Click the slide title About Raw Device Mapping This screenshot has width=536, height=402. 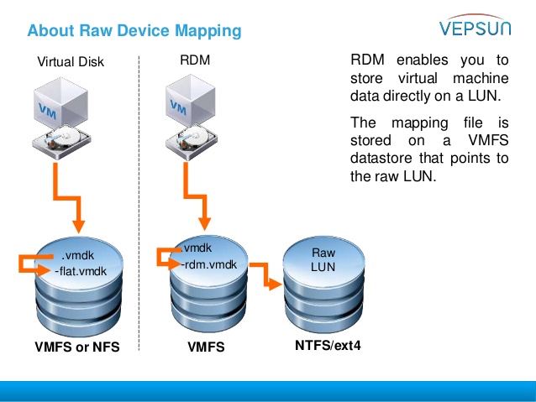134,31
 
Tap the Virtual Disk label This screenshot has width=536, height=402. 71,62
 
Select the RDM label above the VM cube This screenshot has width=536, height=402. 195,60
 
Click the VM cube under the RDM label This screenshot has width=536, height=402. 191,101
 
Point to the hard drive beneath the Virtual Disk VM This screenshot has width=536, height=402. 61,142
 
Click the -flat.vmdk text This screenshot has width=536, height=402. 81,271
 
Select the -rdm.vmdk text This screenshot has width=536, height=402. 209,264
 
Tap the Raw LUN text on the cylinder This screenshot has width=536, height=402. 323,259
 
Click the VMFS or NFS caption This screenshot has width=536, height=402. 77,347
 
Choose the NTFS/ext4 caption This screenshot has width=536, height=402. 328,345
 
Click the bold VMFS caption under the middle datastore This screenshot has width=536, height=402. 206,347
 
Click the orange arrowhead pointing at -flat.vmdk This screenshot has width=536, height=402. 45,270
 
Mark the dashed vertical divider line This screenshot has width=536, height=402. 139,203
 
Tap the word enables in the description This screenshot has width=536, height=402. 423,60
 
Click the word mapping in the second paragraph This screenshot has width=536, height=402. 420,123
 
